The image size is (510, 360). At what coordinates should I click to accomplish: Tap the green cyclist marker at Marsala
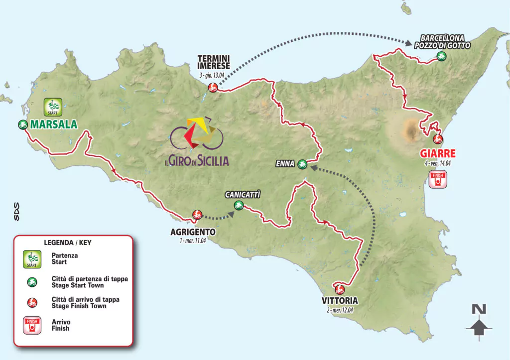tap(22, 125)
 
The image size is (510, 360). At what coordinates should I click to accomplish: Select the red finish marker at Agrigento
tap(197, 215)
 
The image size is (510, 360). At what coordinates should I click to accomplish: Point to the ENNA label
tap(285, 163)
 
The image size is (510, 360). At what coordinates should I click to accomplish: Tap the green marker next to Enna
tap(302, 164)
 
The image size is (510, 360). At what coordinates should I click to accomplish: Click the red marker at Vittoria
tap(340, 288)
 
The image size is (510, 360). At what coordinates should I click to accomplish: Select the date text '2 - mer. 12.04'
tap(340, 310)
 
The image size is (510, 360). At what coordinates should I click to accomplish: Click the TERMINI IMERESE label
tap(213, 62)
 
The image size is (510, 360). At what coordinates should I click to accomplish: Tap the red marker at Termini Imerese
tap(213, 88)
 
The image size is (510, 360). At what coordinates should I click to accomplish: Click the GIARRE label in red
tap(438, 153)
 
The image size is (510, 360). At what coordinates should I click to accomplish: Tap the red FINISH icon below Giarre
tap(438, 179)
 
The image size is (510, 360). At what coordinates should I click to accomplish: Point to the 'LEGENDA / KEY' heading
tap(68, 243)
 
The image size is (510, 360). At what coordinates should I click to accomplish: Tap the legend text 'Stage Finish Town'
tap(79, 306)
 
